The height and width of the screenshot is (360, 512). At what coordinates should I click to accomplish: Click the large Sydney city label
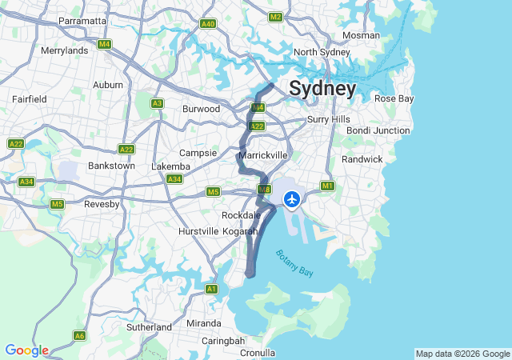[322, 88]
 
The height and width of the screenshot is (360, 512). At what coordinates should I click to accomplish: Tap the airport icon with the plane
[292, 198]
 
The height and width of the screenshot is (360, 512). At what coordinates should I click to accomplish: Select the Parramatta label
[82, 21]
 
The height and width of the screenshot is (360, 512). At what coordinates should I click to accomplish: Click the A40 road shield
[208, 24]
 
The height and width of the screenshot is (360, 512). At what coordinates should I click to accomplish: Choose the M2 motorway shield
[276, 17]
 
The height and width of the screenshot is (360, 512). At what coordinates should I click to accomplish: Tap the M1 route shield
[326, 186]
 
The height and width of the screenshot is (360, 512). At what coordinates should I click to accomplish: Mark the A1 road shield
[211, 289]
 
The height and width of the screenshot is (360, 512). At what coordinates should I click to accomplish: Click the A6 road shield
[79, 335]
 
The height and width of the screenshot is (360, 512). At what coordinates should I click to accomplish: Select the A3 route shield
[158, 103]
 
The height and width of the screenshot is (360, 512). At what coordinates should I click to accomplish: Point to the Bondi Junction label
[378, 130]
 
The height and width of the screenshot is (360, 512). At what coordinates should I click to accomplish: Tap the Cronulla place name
[257, 353]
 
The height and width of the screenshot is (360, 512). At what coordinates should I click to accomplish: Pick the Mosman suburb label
[361, 36]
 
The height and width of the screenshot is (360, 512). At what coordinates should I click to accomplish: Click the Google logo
[26, 350]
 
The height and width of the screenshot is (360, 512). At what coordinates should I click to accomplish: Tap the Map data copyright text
[462, 354]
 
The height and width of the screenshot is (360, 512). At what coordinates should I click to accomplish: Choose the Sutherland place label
[149, 327]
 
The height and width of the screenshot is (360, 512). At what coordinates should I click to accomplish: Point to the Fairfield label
[29, 99]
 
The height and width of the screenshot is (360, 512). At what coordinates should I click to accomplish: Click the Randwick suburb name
[362, 159]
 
